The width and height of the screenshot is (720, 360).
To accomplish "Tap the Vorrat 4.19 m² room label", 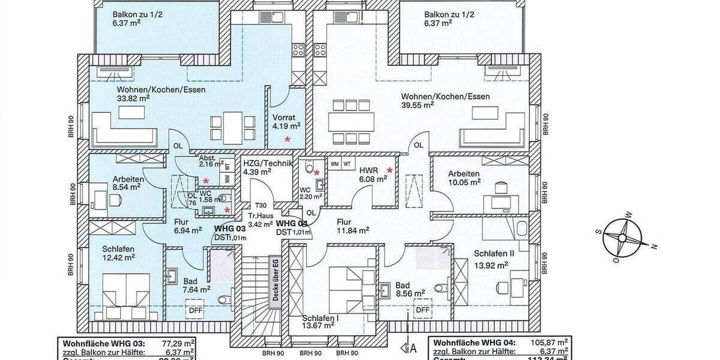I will (x=286, y=122).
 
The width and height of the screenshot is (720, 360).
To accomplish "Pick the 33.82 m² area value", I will (x=133, y=100).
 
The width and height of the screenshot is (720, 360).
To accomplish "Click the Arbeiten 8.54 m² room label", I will (x=128, y=182).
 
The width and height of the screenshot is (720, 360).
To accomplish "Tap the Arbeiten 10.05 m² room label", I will (x=464, y=178).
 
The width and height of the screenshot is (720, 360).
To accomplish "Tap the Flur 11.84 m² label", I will (x=352, y=224).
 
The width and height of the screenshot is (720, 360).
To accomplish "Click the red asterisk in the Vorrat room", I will (x=287, y=139).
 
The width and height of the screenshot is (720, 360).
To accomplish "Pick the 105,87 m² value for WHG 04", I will (x=547, y=343).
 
